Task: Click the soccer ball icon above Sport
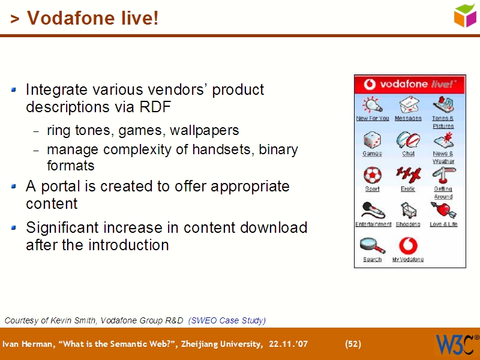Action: (x=373, y=176)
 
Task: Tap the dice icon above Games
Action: (x=372, y=141)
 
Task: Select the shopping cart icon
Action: (x=408, y=211)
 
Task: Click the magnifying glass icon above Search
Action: (x=372, y=245)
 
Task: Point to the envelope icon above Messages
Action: (x=408, y=105)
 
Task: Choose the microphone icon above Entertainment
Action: (x=373, y=211)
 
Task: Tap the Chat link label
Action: (x=408, y=154)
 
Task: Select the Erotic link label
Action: (x=408, y=189)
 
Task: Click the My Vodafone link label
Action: (x=408, y=260)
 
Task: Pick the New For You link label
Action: (x=373, y=119)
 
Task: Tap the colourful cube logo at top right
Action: (x=465, y=15)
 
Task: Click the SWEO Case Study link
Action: (x=227, y=320)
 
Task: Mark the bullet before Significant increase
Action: (x=14, y=229)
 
